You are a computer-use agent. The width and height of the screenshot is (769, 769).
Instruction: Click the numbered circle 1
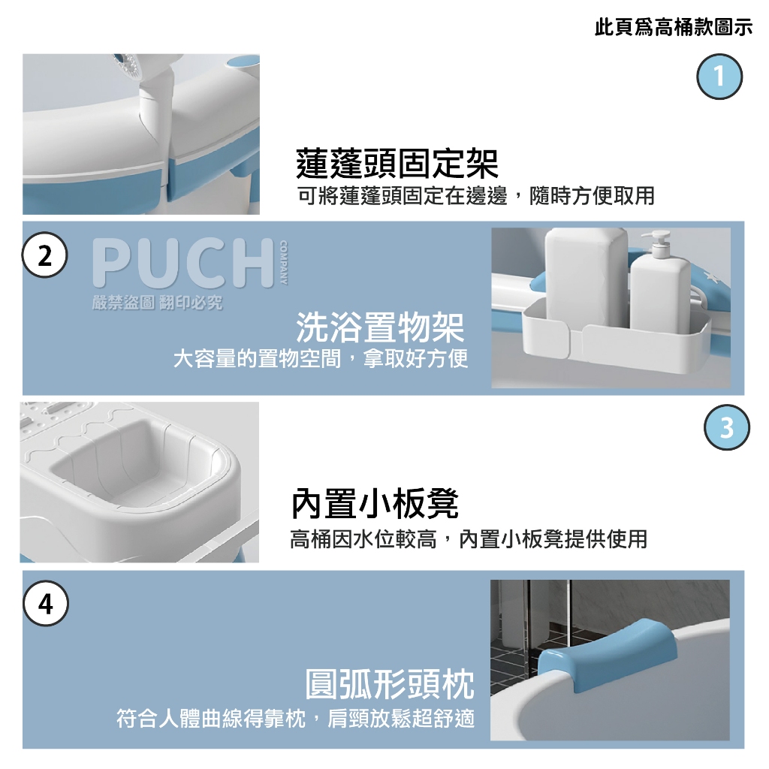pyautogui.click(x=719, y=77)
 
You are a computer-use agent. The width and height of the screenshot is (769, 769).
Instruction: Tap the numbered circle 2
pyautogui.click(x=44, y=255)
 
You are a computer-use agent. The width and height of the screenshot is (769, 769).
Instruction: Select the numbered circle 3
pyautogui.click(x=726, y=427)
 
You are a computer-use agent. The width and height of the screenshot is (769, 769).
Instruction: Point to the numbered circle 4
pyautogui.click(x=46, y=603)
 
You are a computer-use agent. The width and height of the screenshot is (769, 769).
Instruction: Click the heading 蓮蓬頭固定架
pyautogui.click(x=397, y=163)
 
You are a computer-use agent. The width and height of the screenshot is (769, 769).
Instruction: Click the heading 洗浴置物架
pyautogui.click(x=380, y=327)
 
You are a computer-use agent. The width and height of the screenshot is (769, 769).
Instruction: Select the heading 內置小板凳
pyautogui.click(x=375, y=504)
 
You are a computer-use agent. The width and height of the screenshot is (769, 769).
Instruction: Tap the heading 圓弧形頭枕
pyautogui.click(x=390, y=683)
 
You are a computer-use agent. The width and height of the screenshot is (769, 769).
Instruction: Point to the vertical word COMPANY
pyautogui.click(x=283, y=262)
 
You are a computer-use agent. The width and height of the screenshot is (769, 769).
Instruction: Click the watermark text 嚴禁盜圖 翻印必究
pyautogui.click(x=157, y=303)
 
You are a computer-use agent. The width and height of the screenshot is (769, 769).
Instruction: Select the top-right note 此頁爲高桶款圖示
pyautogui.click(x=674, y=27)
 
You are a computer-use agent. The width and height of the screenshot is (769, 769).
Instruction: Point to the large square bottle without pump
pyautogui.click(x=586, y=277)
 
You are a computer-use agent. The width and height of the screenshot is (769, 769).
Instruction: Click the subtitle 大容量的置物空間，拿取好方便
pyautogui.click(x=321, y=358)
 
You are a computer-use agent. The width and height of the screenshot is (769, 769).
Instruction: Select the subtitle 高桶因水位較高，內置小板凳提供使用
pyautogui.click(x=469, y=539)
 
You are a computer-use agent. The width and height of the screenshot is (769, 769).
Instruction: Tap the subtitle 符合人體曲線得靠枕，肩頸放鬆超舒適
pyautogui.click(x=295, y=719)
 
